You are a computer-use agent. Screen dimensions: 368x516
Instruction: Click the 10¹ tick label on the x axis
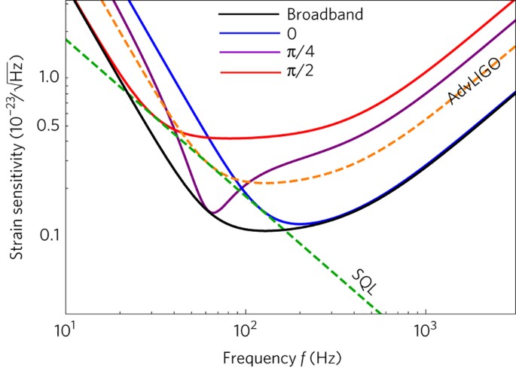[x=66, y=329]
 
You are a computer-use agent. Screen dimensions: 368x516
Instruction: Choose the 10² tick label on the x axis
[x=246, y=329]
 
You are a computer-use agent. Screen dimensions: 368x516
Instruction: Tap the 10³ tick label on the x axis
[x=426, y=329]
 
